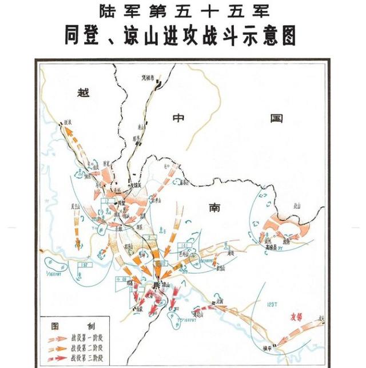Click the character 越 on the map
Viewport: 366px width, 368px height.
84,93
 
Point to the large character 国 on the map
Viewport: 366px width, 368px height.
277,119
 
